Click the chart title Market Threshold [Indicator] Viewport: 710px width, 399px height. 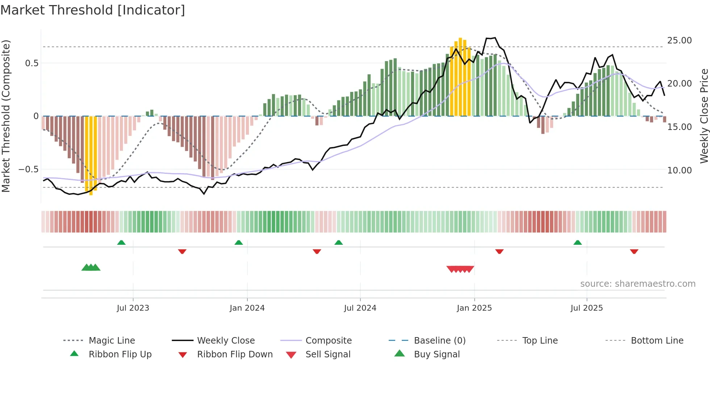click(93, 10)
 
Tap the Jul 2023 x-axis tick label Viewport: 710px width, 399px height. click(133, 308)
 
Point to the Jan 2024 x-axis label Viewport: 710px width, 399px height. click(247, 308)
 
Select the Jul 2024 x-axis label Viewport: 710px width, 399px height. click(360, 308)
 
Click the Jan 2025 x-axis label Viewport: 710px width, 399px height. click(474, 308)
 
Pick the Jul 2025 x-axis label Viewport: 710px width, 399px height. click(586, 308)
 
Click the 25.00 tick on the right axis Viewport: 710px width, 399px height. click(679, 41)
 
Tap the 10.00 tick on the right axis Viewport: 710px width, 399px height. click(679, 171)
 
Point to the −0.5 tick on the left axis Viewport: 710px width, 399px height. click(29, 169)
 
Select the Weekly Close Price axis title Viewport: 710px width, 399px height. click(704, 116)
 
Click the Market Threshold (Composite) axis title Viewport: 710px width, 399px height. click(6, 116)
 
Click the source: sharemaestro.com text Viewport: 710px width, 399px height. click(638, 284)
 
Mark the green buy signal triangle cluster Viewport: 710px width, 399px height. click(91, 268)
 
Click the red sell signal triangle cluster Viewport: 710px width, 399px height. click(460, 269)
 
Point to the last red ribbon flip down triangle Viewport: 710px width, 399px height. click(634, 251)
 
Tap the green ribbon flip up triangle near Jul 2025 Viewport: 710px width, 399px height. click(577, 243)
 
